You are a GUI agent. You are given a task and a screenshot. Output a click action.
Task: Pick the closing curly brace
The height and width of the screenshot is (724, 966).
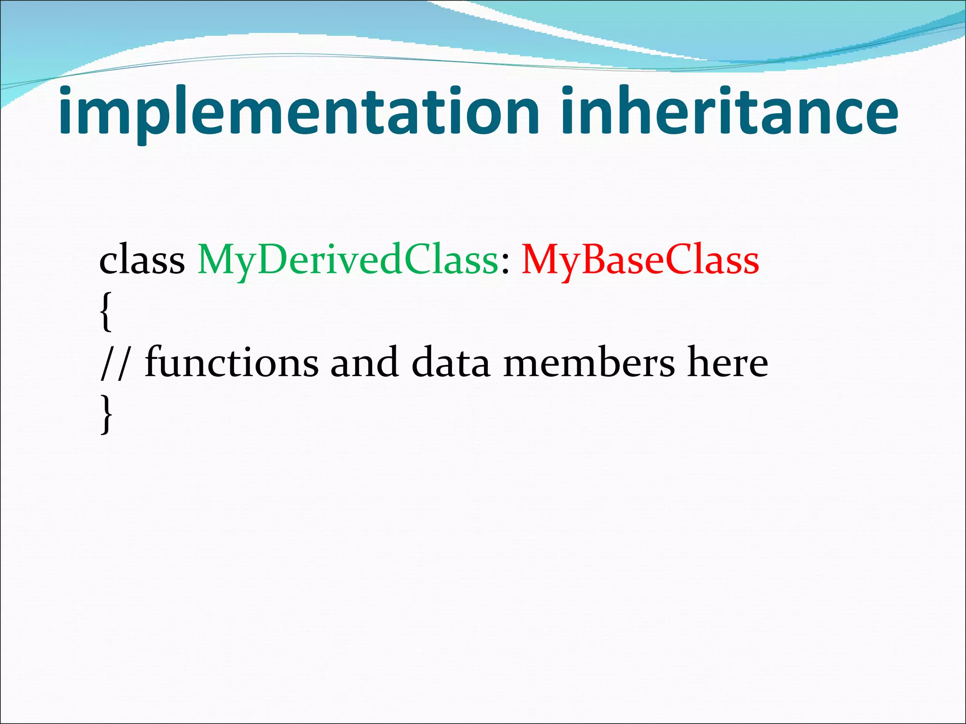[x=107, y=414]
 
